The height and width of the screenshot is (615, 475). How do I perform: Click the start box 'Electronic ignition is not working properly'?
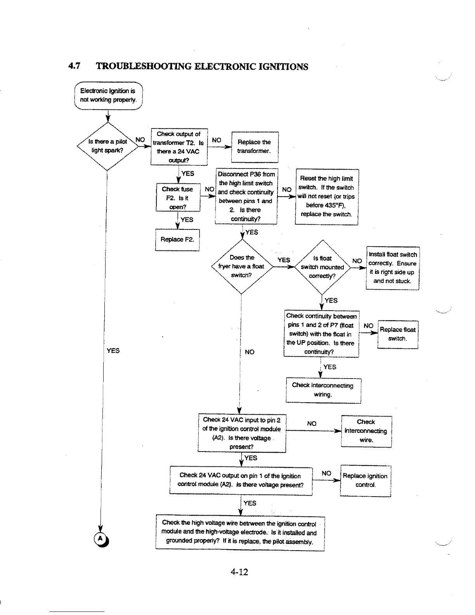[108, 96]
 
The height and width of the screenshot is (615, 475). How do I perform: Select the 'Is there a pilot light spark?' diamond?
[107, 146]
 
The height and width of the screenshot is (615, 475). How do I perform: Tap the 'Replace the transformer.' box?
[254, 147]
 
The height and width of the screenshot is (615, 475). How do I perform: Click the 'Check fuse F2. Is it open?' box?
[178, 198]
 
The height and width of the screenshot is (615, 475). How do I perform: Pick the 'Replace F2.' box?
[177, 240]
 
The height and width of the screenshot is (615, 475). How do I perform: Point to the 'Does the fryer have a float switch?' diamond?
[241, 266]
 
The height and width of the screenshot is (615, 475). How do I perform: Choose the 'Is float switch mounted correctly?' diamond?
[322, 267]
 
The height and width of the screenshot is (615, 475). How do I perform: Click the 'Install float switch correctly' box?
[392, 268]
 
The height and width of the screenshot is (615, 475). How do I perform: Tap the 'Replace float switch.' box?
[397, 334]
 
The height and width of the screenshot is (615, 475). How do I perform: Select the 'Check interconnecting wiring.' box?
[323, 390]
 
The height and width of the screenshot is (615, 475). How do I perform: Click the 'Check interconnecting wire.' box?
[366, 431]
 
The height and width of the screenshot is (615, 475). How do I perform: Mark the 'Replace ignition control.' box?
[365, 480]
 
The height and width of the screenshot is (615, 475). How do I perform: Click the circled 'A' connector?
[100, 539]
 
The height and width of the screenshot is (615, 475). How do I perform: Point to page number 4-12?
[239, 572]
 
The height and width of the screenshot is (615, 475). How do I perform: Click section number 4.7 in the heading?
[74, 66]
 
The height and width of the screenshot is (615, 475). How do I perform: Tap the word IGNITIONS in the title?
[282, 67]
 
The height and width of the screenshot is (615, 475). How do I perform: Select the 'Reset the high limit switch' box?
[326, 196]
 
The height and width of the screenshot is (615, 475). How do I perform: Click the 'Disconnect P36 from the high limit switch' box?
[246, 196]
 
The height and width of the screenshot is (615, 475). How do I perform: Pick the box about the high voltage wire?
[239, 532]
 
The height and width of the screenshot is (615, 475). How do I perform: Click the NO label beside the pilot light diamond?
[140, 140]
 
